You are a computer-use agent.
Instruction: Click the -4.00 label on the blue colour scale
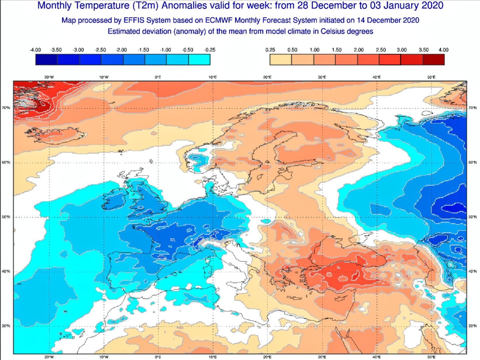35,50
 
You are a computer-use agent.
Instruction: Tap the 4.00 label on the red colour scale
443,50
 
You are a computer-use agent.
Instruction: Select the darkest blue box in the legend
46,60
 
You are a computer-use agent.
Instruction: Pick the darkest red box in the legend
434,60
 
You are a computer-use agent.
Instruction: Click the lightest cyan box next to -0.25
199,60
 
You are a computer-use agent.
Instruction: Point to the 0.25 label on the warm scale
270,50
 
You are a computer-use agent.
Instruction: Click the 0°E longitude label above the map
158,77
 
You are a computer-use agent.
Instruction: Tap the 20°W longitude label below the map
49,357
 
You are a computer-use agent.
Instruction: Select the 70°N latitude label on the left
6,108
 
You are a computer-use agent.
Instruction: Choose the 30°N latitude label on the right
472,326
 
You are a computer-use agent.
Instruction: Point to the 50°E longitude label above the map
431,77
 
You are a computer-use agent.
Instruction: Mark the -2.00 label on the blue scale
121,50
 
